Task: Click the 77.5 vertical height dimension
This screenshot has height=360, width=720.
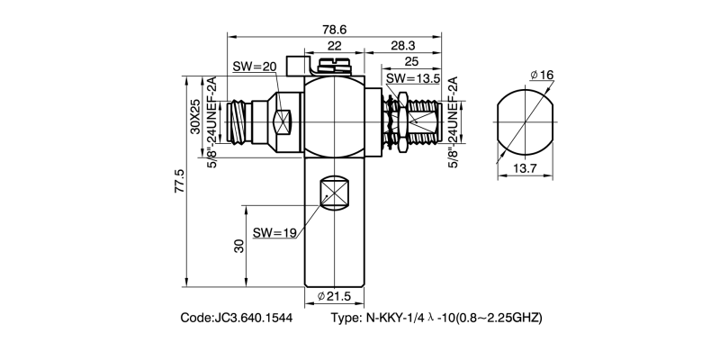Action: pos(179,180)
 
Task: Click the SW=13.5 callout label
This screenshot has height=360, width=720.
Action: pos(409,78)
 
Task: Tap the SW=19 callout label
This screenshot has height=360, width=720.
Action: pos(274,232)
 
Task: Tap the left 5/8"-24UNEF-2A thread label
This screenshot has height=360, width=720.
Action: pos(212,117)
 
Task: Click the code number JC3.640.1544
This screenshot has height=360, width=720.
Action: pos(236,319)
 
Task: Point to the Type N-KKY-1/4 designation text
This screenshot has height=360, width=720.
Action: pos(436,319)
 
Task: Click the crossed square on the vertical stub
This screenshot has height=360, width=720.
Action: pos(334,193)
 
